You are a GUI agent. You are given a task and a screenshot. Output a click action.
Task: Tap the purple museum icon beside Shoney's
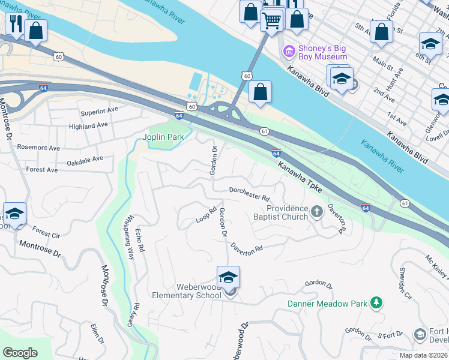click(x=289, y=52)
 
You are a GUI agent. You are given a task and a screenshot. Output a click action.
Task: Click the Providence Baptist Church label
click(x=288, y=212)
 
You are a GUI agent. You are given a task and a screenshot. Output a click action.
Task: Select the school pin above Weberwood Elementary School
click(x=228, y=277)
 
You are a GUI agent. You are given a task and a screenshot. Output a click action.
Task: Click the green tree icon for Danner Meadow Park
click(x=376, y=302)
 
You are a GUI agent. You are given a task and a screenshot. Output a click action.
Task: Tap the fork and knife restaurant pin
click(x=14, y=25)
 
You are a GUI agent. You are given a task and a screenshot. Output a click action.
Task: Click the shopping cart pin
click(x=271, y=20)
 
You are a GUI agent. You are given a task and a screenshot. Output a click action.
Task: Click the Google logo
click(x=20, y=352)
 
